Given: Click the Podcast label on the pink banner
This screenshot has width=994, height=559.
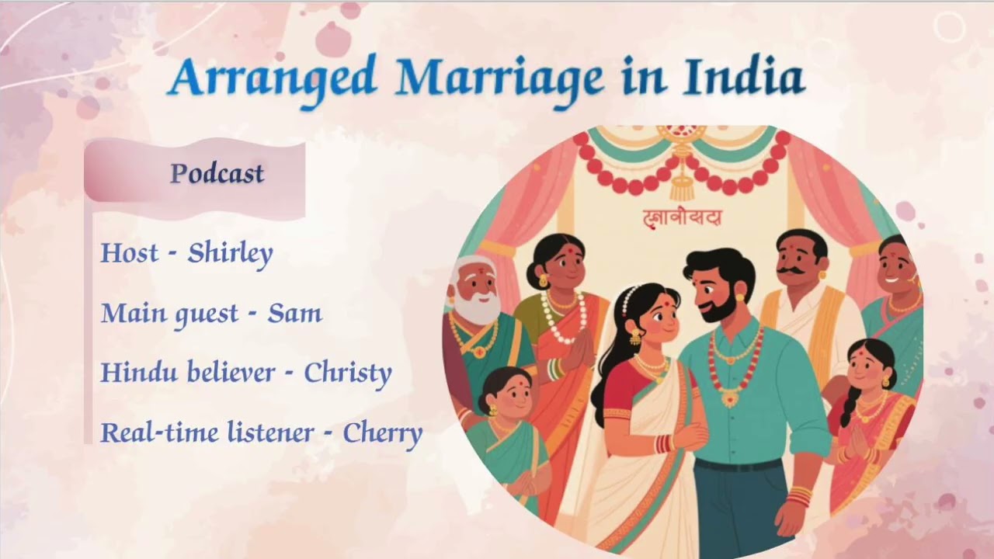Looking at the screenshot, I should point(217,174).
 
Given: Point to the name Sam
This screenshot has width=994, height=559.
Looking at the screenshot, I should point(294,314).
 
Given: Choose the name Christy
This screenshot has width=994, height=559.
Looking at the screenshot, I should point(347,374).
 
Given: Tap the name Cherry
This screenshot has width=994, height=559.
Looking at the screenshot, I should point(383,434).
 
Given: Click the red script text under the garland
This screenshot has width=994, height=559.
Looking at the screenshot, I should point(683,218).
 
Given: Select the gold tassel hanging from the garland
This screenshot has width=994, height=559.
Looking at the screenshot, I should point(681,186).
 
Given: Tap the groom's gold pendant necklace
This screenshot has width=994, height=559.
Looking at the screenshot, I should point(731,397).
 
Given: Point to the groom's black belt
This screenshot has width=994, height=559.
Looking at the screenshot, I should point(737,465).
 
